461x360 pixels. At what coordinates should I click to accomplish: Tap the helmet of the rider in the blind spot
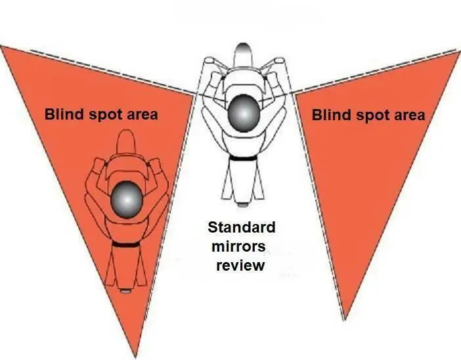127,200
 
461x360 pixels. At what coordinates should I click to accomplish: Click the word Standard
242,227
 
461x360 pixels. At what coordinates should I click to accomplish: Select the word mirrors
238,246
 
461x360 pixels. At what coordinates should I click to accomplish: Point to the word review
240,265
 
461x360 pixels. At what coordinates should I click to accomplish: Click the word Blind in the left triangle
64,114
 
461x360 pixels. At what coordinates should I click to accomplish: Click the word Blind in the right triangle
332,114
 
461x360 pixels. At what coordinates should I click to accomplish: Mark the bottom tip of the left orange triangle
135,357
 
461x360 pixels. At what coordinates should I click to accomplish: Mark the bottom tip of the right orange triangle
345,319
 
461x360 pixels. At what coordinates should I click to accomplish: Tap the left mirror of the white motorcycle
209,60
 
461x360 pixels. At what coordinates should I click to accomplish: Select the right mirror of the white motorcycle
279,60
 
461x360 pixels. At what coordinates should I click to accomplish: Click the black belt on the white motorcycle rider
244,158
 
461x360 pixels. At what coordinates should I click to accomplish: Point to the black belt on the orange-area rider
126,244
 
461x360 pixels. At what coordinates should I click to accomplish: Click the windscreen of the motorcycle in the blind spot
127,141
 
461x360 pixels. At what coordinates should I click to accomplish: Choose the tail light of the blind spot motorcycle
126,291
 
